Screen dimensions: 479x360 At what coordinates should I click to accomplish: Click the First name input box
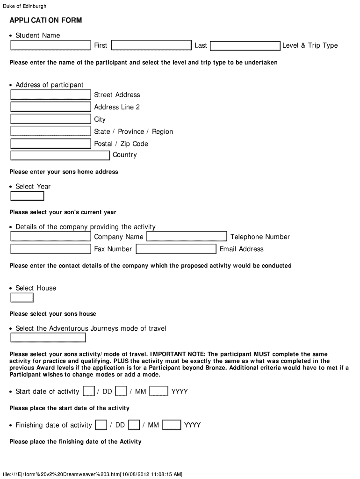pyautogui.click(x=50, y=45)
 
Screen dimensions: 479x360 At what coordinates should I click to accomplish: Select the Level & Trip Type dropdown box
pyautogui.click(x=245, y=46)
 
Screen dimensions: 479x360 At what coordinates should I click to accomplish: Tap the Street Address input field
pyautogui.click(x=50, y=95)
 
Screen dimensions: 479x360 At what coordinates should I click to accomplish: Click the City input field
pyautogui.click(x=50, y=119)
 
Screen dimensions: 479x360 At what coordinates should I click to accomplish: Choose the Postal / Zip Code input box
pyautogui.click(x=50, y=144)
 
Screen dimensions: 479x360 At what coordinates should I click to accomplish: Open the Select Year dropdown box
pyautogui.click(x=27, y=196)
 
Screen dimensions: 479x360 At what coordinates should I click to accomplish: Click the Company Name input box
pyautogui.click(x=50, y=237)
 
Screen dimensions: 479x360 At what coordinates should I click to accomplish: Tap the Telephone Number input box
pyautogui.click(x=187, y=237)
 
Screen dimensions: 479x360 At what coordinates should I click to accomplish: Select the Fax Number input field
pyautogui.click(x=50, y=249)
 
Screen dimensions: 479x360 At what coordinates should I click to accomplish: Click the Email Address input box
pyautogui.click(x=176, y=249)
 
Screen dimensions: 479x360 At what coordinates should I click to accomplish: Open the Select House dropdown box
pyautogui.click(x=22, y=298)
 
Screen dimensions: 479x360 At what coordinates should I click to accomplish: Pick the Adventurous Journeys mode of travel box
pyautogui.click(x=48, y=338)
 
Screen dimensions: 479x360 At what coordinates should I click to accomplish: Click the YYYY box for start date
pyautogui.click(x=159, y=391)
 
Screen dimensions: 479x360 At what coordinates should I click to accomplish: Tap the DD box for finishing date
pyautogui.click(x=101, y=425)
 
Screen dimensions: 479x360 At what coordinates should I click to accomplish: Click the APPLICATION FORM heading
pyautogui.click(x=45, y=20)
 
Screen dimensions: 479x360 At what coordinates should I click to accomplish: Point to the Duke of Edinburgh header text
pyautogui.click(x=25, y=6)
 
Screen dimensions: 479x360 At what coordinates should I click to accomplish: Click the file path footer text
pyautogui.click(x=92, y=474)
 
